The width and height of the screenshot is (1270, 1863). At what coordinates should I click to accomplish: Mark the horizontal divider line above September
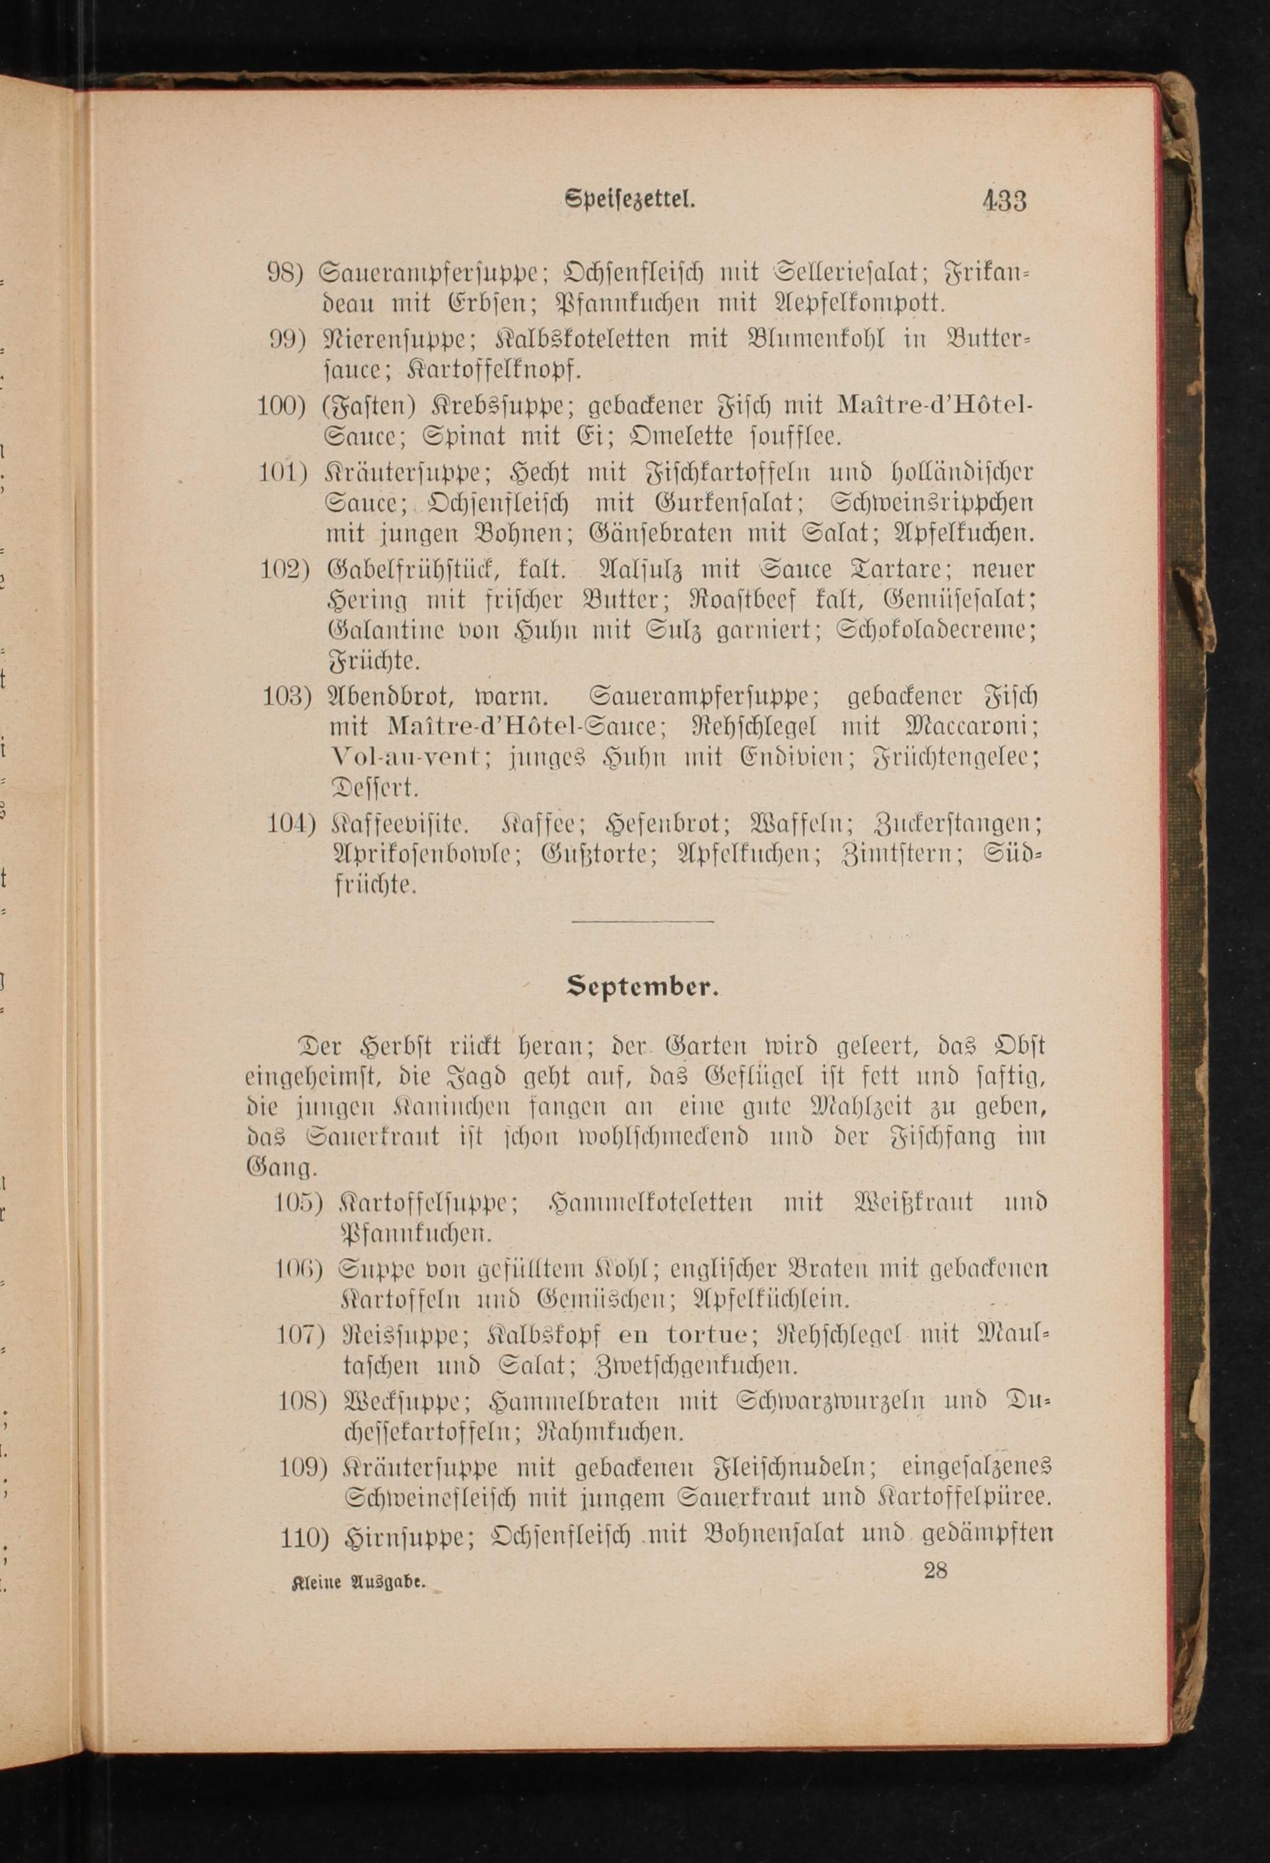(x=643, y=921)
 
